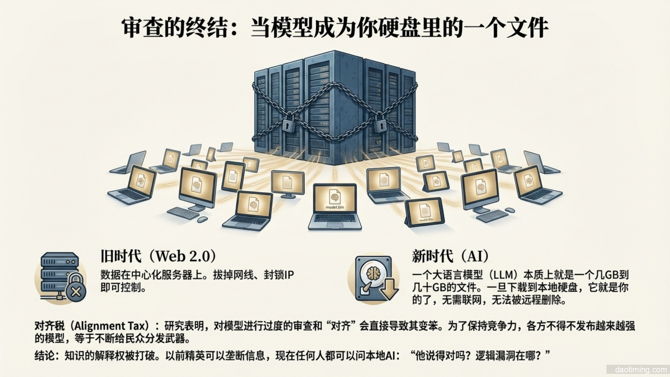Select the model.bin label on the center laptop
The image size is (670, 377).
click(334, 207)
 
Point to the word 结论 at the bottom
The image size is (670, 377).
click(45, 356)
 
